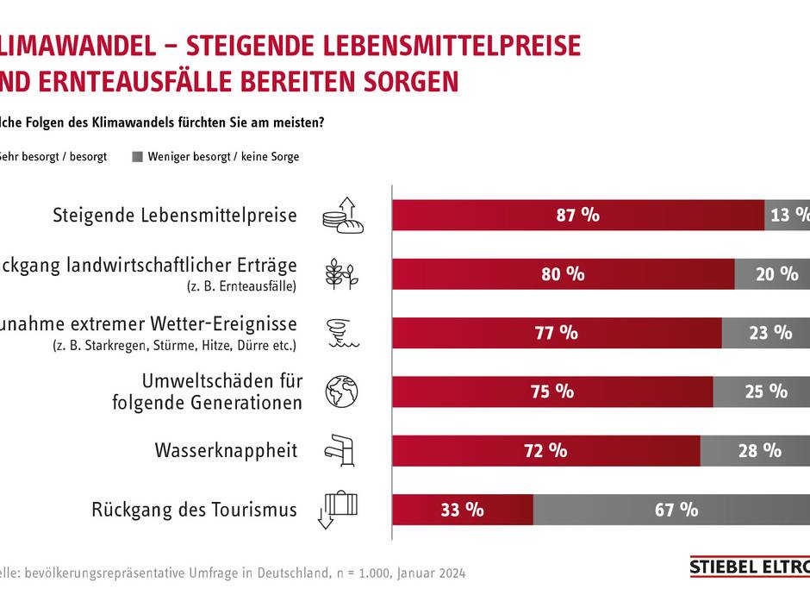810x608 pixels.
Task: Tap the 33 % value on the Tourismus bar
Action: tap(462, 509)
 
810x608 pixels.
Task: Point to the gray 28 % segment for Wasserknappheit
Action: tap(754, 450)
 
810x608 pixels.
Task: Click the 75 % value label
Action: tap(552, 391)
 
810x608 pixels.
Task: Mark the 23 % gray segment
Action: tap(764, 332)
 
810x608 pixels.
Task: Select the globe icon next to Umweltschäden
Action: tap(340, 391)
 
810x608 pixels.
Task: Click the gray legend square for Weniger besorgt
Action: tap(137, 158)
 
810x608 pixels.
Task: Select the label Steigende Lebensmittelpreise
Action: tap(175, 216)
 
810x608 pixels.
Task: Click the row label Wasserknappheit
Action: tap(226, 450)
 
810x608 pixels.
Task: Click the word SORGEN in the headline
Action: tap(405, 82)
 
